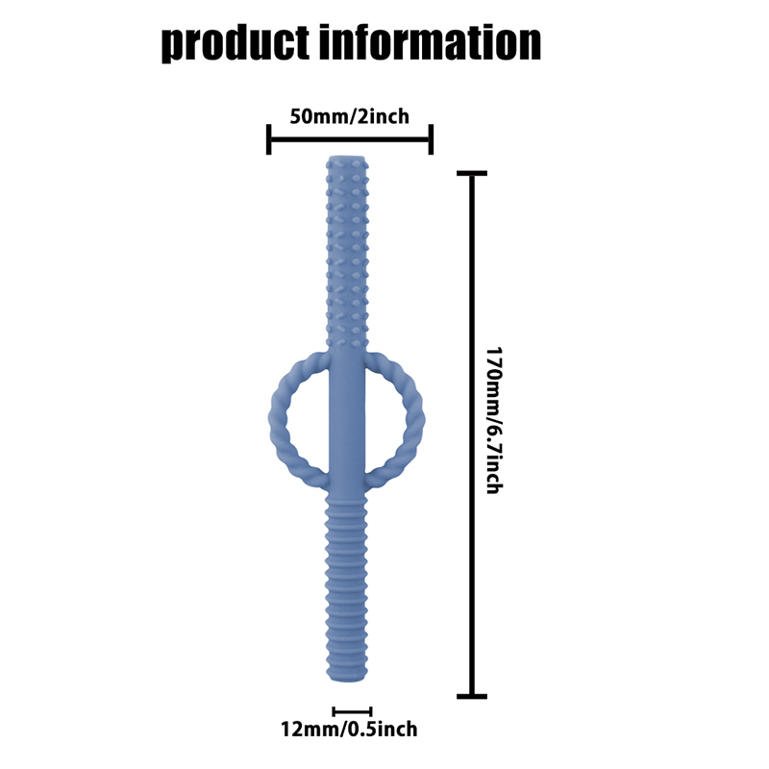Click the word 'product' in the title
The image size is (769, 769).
(236, 43)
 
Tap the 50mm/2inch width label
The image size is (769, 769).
(349, 116)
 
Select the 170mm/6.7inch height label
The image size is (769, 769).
(494, 420)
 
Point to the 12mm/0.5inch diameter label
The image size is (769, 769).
(349, 730)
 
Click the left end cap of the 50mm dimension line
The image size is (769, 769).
(268, 139)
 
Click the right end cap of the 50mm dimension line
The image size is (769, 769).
(431, 139)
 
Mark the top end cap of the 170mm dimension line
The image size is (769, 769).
(472, 173)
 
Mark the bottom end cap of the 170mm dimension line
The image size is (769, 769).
(472, 696)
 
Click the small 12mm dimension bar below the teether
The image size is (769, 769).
(352, 711)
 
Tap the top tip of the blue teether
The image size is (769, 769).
(347, 157)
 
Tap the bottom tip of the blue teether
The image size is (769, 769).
(346, 681)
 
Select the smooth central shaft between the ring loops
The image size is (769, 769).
(347, 422)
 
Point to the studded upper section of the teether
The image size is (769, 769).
(347, 250)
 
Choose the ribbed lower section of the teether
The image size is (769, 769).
(346, 588)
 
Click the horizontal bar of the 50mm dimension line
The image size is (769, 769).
(350, 139)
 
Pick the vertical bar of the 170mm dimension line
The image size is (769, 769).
(472, 434)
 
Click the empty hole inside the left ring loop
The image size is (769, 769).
(307, 422)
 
